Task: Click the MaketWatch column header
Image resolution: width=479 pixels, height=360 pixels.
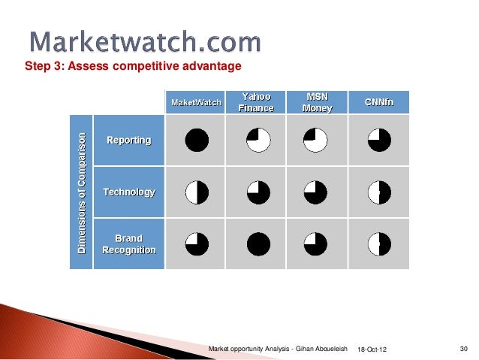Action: coord(197,102)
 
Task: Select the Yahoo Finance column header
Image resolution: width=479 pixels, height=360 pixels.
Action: coord(255,102)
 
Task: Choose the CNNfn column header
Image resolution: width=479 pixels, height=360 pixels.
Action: coord(379,102)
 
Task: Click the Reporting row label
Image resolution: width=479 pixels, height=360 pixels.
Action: coord(128,141)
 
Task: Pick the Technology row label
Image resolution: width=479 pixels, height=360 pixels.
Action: coord(128,192)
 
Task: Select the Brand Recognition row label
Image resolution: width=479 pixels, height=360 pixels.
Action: coord(128,244)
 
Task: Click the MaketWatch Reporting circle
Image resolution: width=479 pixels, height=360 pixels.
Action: coord(197,141)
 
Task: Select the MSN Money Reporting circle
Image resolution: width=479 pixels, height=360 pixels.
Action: coord(315,141)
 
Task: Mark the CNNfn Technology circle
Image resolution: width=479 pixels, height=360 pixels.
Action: coord(379,192)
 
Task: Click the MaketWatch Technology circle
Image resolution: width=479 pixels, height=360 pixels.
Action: coord(197,192)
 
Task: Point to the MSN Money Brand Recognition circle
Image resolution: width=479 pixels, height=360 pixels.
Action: coord(315,244)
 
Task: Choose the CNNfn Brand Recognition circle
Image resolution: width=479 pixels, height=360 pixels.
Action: coord(379,244)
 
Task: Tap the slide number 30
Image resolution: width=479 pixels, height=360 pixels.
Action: coord(463,349)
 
